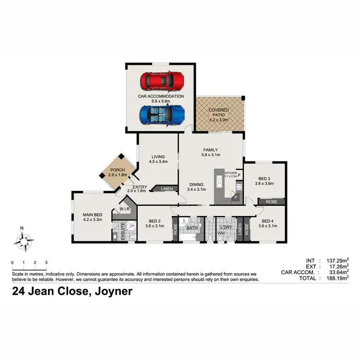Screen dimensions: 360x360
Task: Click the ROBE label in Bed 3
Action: click(272, 202)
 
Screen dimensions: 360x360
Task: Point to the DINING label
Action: click(196, 184)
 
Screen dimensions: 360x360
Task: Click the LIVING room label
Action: click(158, 156)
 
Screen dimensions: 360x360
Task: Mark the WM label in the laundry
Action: click(222, 233)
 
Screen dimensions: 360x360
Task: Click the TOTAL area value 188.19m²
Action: click(335, 278)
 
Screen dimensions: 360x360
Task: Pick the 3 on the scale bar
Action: click(46, 263)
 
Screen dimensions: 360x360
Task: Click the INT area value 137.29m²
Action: click(335, 261)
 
